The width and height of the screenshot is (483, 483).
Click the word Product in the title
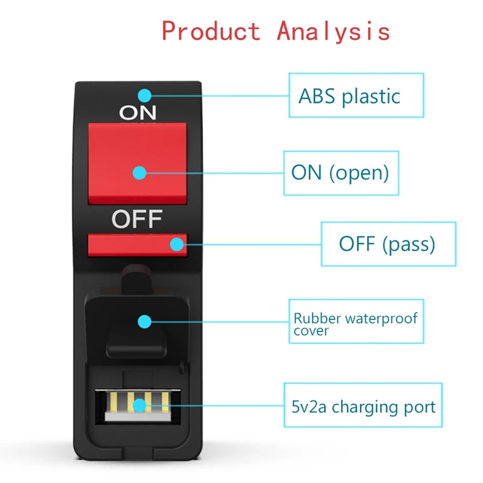tap(211, 31)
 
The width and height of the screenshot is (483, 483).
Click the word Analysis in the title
tap(333, 31)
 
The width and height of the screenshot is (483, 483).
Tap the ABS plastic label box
tap(356, 95)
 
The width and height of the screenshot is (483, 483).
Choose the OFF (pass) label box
tap(388, 244)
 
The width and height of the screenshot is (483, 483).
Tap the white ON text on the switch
tap(138, 112)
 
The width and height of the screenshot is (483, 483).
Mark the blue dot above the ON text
tap(144, 95)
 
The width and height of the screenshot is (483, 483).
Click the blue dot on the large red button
tap(139, 173)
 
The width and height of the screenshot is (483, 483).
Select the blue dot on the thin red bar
tap(176, 244)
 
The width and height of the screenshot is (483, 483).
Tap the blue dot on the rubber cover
tap(144, 321)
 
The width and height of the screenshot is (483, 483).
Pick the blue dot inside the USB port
tap(139, 405)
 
